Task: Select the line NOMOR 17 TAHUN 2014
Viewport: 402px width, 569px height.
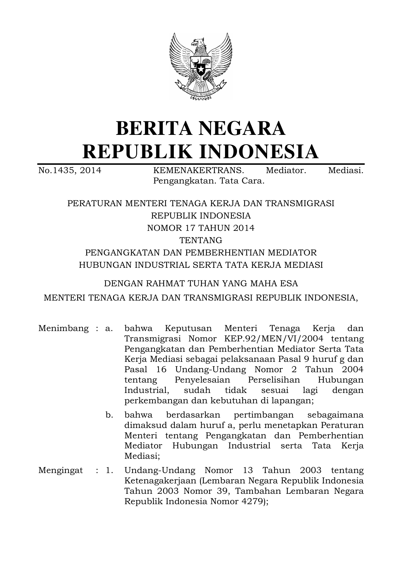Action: pyautogui.click(x=201, y=228)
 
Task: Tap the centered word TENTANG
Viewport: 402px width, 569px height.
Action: pyautogui.click(x=201, y=241)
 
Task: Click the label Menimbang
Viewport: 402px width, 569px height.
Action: pyautogui.click(x=63, y=328)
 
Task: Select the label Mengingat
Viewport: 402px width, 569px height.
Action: pyautogui.click(x=60, y=470)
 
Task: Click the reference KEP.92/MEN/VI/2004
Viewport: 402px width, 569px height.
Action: pyautogui.click(x=274, y=339)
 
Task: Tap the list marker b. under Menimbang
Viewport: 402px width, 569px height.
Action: pyautogui.click(x=109, y=415)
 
